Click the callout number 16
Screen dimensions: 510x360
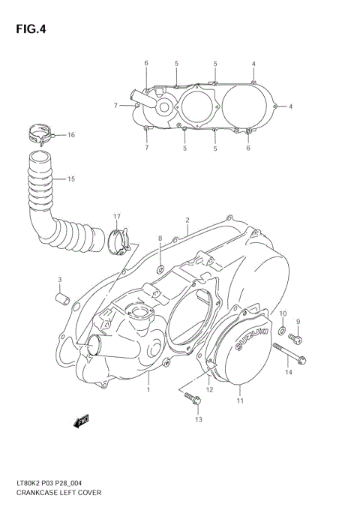tap(71, 135)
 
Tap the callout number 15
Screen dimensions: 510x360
tap(71, 179)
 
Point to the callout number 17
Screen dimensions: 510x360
tap(117, 217)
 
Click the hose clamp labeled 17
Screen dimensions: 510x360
tap(118, 240)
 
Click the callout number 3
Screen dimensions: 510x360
tap(59, 280)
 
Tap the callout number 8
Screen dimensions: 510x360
tap(159, 238)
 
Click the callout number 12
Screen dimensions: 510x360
tap(209, 389)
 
